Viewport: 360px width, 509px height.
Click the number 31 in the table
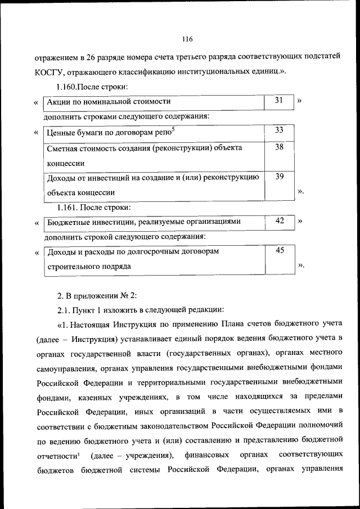[x=279, y=101]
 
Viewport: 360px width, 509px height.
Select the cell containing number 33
[x=279, y=130]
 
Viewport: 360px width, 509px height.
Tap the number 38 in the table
[x=279, y=147]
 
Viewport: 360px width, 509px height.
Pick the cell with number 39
[x=279, y=177]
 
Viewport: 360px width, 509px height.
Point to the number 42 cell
[x=279, y=221]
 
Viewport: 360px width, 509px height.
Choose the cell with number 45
[x=279, y=250]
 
